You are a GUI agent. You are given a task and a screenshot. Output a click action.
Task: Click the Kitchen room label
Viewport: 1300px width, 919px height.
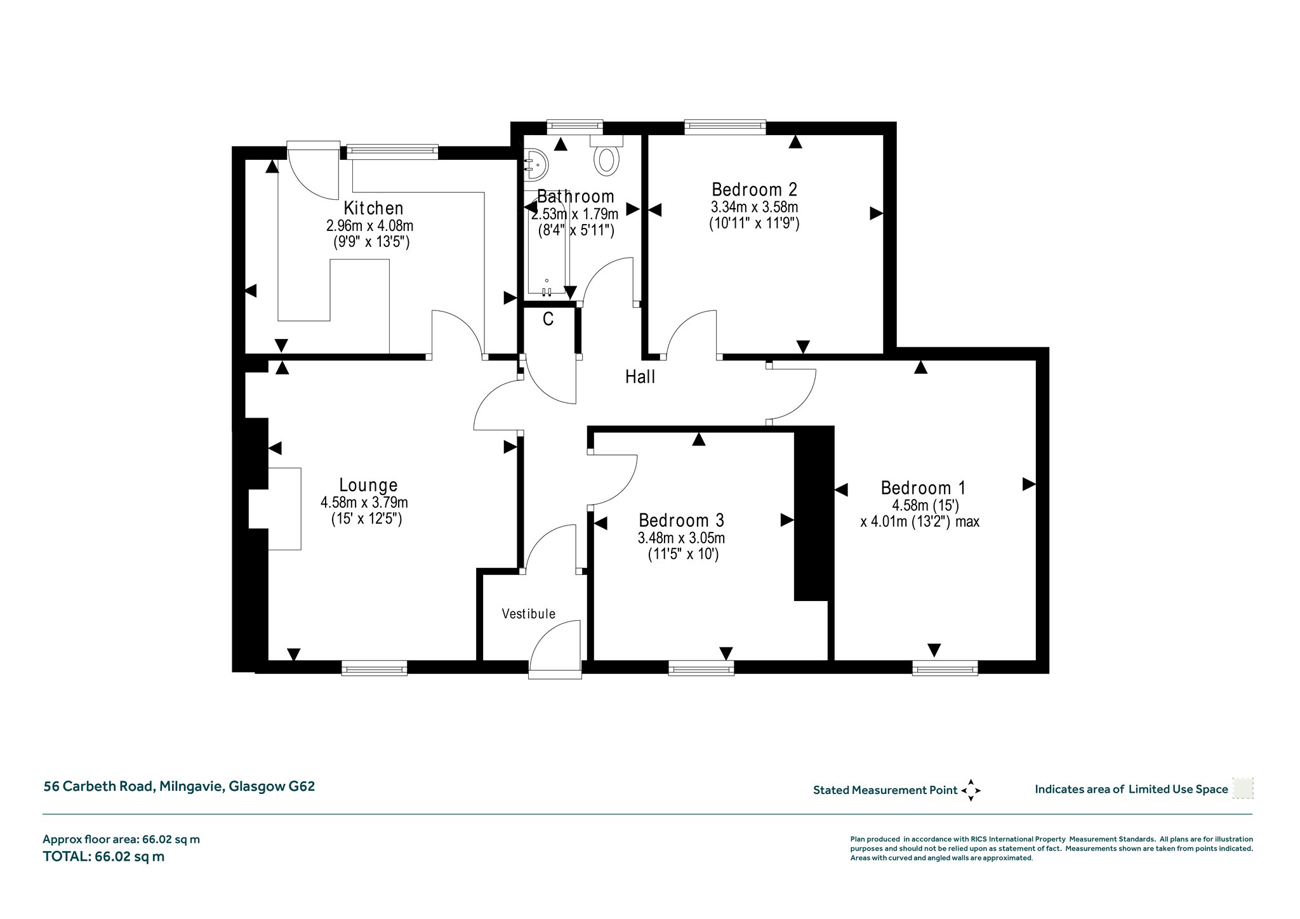[x=373, y=208]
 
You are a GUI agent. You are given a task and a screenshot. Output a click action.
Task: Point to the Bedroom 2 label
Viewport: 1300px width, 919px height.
[x=754, y=189]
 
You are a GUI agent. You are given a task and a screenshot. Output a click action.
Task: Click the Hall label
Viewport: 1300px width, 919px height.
[x=640, y=377]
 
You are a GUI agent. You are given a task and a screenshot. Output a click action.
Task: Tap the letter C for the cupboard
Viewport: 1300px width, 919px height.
[x=548, y=319]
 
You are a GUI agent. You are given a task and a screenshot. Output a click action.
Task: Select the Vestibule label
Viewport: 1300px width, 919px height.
[x=528, y=614]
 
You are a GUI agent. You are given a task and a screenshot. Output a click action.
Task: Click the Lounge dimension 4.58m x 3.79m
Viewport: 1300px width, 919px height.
[x=364, y=503]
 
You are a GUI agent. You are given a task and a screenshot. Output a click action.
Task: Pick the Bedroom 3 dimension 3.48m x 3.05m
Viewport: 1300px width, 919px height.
[x=681, y=538]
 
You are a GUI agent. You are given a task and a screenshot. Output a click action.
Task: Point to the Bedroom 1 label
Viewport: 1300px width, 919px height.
[x=923, y=488]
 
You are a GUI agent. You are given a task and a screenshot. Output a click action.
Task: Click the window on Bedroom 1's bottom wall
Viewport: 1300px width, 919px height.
[x=945, y=667]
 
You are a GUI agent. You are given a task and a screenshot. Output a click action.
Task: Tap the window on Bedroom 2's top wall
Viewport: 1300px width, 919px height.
[x=725, y=128]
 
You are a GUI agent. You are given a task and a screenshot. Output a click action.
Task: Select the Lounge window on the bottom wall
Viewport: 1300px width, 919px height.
[x=374, y=667]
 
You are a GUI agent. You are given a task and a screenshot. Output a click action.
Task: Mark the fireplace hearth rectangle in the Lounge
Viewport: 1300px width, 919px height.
[x=284, y=509]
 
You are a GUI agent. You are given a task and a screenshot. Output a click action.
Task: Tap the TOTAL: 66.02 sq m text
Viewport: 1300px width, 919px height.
[x=103, y=856]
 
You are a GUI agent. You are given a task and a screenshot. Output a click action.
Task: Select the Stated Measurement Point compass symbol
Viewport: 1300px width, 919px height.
[x=971, y=790]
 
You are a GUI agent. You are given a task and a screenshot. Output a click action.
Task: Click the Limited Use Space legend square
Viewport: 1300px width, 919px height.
[x=1242, y=789]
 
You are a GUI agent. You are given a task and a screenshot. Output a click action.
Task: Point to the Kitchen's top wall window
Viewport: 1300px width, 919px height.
[x=392, y=150]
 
